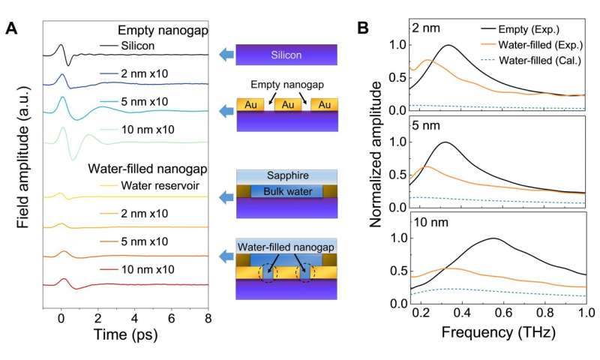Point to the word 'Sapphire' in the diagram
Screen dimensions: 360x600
coord(288,175)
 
